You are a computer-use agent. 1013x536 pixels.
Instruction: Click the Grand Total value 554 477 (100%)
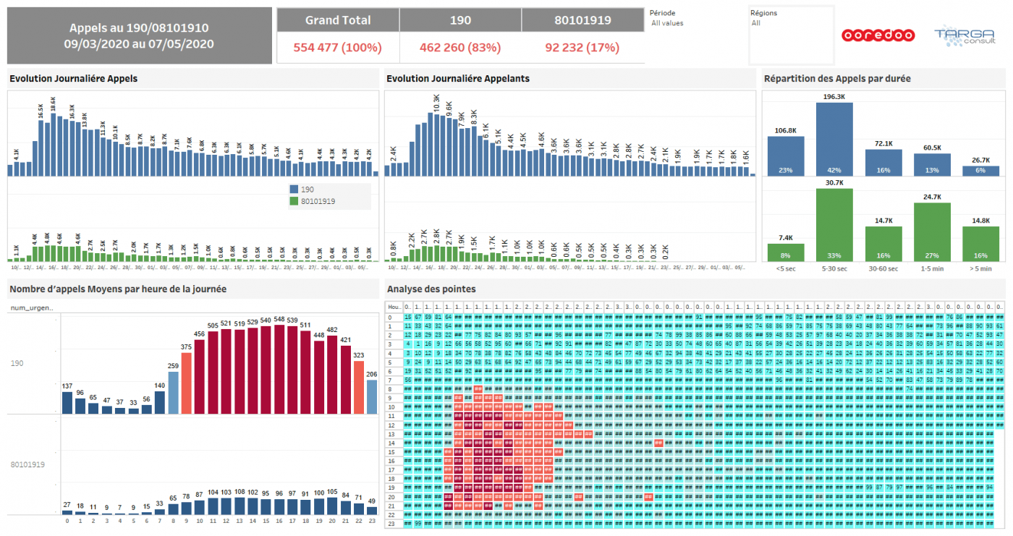coord(337,48)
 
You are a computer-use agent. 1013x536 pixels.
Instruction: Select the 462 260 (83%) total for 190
coord(459,48)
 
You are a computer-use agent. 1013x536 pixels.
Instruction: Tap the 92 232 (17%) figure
coord(582,48)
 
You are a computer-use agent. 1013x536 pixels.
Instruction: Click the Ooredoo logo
coord(878,35)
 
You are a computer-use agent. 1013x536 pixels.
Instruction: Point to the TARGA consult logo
coord(959,35)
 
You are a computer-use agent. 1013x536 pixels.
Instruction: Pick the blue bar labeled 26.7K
coord(980,171)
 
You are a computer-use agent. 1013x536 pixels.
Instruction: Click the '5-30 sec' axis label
coord(834,268)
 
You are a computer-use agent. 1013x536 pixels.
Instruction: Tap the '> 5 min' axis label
coord(980,268)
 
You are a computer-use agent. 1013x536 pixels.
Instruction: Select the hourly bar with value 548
coord(279,370)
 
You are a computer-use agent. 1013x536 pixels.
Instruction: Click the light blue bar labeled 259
coord(173,393)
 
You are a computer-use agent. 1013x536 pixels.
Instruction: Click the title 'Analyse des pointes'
coord(431,289)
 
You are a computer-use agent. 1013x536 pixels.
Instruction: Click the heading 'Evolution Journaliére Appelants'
coord(458,78)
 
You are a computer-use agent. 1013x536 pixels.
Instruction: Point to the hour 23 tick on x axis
coord(371,521)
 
